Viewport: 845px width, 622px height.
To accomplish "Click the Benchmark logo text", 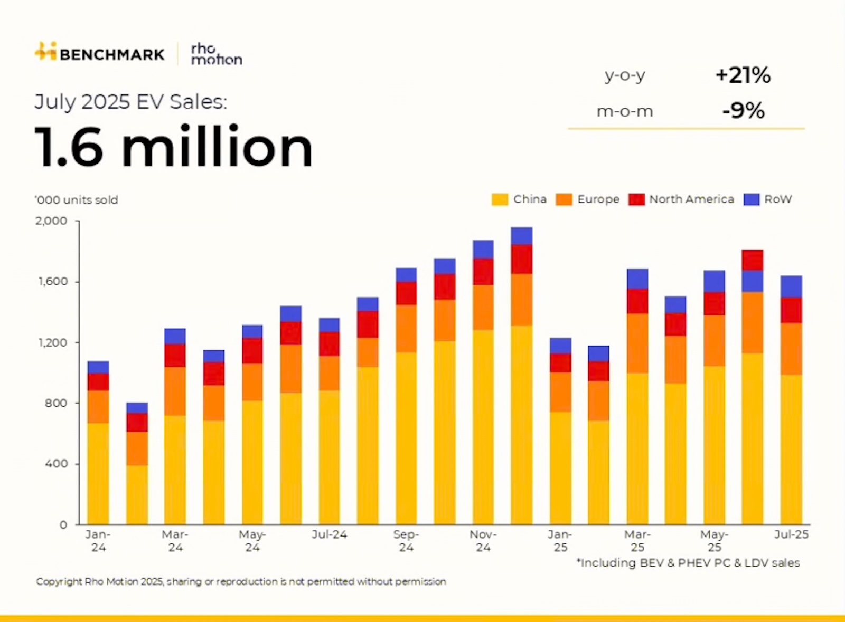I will pyautogui.click(x=112, y=54).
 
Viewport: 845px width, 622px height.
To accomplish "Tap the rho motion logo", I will pyautogui.click(x=216, y=54).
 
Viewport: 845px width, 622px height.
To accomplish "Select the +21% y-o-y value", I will pyautogui.click(x=743, y=75).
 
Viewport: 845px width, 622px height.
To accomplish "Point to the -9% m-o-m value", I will pyautogui.click(x=743, y=111).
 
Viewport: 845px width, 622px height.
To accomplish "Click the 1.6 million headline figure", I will pyautogui.click(x=174, y=147).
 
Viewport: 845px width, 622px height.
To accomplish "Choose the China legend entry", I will pyautogui.click(x=520, y=199).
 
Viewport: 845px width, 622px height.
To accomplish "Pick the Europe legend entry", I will pyautogui.click(x=588, y=199).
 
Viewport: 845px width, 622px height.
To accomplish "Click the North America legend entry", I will pyautogui.click(x=682, y=199).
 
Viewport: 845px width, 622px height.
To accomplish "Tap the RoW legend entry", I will pyautogui.click(x=768, y=199).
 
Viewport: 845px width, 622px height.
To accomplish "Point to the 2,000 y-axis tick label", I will pyautogui.click(x=51, y=221).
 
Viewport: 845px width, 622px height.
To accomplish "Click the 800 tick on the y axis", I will pyautogui.click(x=56, y=403).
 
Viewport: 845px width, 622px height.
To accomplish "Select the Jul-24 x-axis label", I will pyautogui.click(x=329, y=534).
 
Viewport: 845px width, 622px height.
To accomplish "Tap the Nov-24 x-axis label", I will pyautogui.click(x=483, y=541).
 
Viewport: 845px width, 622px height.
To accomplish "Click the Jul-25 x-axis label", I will pyautogui.click(x=791, y=534).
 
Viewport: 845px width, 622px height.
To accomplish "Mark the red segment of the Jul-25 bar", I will pyautogui.click(x=791, y=310).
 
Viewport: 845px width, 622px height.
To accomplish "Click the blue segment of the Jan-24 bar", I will pyautogui.click(x=98, y=367).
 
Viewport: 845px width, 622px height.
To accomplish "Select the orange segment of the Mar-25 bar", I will pyautogui.click(x=637, y=343).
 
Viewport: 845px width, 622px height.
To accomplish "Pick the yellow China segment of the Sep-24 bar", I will pyautogui.click(x=406, y=438).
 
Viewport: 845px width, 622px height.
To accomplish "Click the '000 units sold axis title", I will pyautogui.click(x=77, y=200).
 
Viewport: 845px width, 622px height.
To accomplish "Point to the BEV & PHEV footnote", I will pyautogui.click(x=688, y=563).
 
